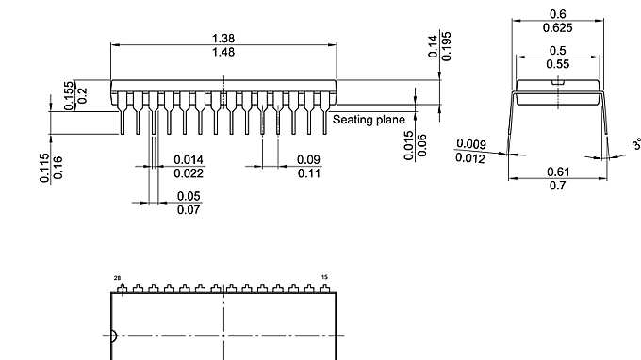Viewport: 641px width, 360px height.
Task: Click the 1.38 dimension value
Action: click(223, 39)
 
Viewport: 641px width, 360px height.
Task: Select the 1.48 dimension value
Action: click(223, 52)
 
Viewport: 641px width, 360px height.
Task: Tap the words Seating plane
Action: click(369, 120)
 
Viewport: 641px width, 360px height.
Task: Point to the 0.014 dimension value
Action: click(189, 160)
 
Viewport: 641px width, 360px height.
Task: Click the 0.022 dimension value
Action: click(189, 173)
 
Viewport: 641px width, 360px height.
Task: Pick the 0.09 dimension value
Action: click(308, 160)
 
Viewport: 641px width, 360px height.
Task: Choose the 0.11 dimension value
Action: click(308, 173)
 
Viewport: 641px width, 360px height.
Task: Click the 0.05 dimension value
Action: click(189, 196)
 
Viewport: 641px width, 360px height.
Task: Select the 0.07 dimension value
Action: click(189, 209)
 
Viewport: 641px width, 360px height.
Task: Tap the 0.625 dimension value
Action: click(557, 27)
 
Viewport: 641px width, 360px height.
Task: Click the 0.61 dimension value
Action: click(557, 172)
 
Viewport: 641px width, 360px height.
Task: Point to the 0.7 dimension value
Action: click(557, 186)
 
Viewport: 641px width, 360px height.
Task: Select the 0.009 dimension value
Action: click(470, 144)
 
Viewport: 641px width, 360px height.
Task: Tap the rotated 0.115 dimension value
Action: click(44, 168)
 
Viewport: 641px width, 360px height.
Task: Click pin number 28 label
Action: click(118, 278)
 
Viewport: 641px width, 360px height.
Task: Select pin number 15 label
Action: click(325, 278)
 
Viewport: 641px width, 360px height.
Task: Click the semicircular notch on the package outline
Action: click(114, 335)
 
